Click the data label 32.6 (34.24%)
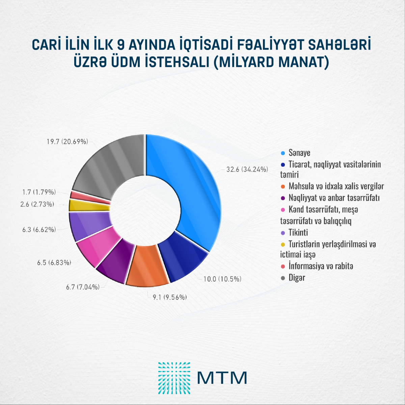(x=247, y=169)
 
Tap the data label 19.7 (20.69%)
(x=67, y=142)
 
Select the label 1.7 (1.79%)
(x=39, y=192)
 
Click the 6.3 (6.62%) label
(x=39, y=230)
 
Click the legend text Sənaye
(x=299, y=153)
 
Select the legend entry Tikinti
(x=298, y=233)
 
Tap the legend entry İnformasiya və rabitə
(x=321, y=266)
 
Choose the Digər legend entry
(x=297, y=278)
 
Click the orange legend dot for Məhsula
(x=283, y=186)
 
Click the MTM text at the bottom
(x=222, y=378)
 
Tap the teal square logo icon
(x=174, y=378)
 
